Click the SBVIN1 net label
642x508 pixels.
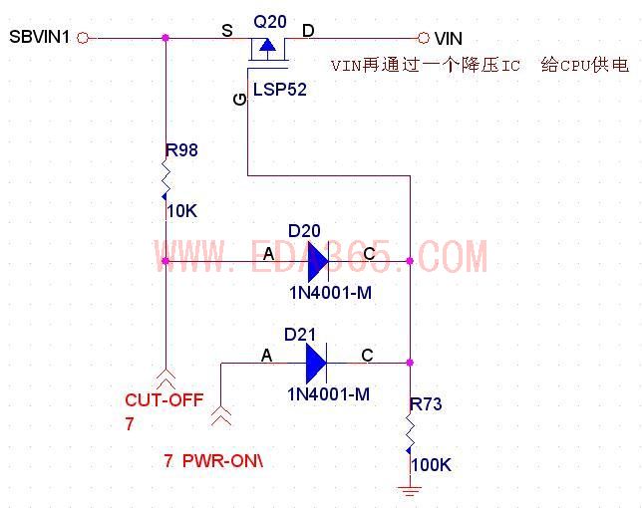[x=40, y=38]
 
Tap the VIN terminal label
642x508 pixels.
[x=449, y=38]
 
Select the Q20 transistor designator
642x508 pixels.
[x=269, y=21]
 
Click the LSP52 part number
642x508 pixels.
[x=279, y=90]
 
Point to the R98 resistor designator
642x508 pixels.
[x=181, y=150]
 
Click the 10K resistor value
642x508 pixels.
[x=182, y=211]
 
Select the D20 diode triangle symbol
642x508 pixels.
[x=317, y=262]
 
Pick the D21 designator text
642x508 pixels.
[x=300, y=334]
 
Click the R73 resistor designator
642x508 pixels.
[x=426, y=404]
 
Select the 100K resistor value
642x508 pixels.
[x=431, y=465]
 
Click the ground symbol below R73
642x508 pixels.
[x=409, y=489]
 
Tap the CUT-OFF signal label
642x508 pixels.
[x=163, y=400]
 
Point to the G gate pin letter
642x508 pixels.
[x=238, y=97]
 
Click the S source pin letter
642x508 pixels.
[x=227, y=31]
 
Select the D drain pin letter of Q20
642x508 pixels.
[x=308, y=31]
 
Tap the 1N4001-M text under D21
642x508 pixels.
[x=329, y=394]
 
